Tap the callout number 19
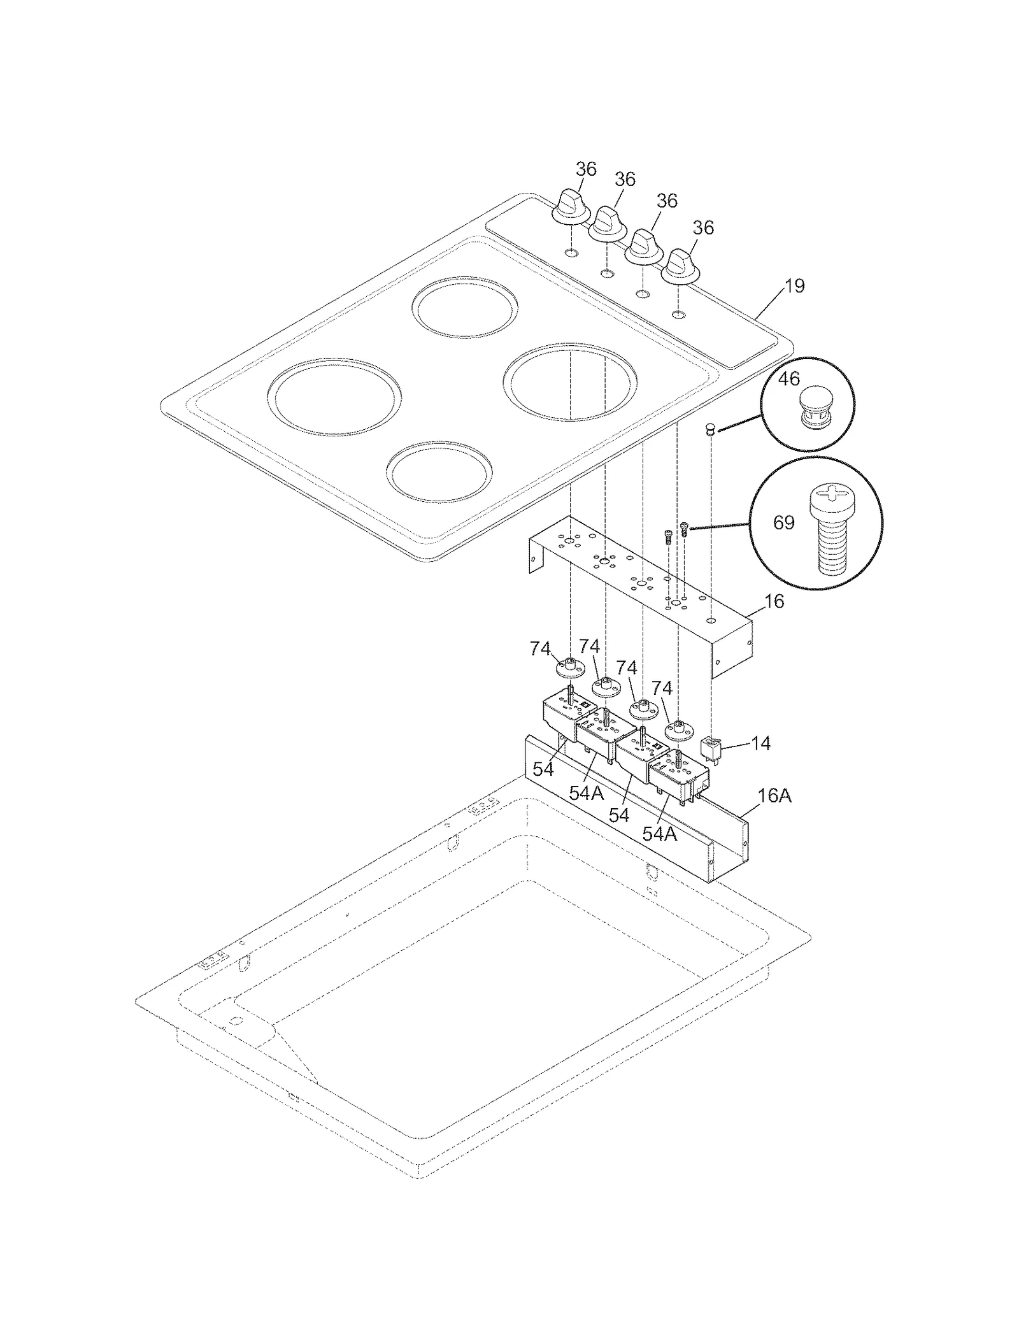point(794,286)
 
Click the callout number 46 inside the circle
point(788,379)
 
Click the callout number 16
point(774,601)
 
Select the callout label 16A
point(774,795)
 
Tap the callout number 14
point(760,743)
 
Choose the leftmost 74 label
point(540,649)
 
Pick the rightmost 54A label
point(659,834)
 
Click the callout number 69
point(783,523)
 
